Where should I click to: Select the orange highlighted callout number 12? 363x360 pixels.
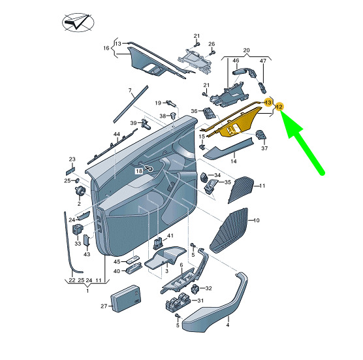[279, 106]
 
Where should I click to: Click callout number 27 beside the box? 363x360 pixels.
[103, 306]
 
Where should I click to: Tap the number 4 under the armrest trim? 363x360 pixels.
[228, 324]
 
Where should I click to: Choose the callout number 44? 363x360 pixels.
[116, 134]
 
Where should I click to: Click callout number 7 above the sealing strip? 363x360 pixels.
[129, 90]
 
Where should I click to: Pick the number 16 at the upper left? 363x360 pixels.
[106, 48]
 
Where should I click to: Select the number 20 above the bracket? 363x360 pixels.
[247, 50]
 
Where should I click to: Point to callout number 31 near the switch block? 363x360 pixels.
[200, 301]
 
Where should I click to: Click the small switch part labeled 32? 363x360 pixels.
[195, 287]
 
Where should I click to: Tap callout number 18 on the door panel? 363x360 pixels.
[139, 171]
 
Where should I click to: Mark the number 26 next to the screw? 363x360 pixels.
[212, 44]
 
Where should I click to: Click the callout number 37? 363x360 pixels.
[264, 148]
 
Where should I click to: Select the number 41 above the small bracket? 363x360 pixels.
[170, 235]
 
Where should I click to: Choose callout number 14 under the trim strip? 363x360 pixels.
[233, 160]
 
